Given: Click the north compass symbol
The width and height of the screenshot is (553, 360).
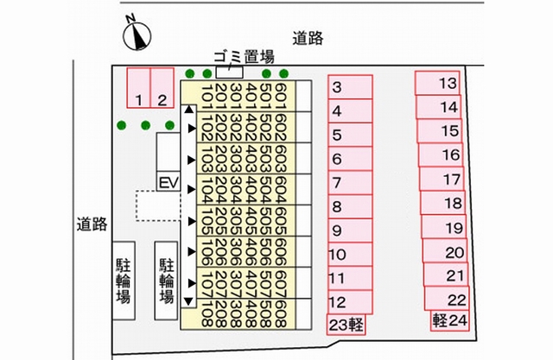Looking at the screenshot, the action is point(137,35).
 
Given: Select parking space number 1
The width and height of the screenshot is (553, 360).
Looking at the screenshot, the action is point(138,88).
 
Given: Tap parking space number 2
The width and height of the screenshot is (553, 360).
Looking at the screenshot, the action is point(162,88).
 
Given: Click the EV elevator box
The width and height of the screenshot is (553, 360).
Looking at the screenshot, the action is point(168,183).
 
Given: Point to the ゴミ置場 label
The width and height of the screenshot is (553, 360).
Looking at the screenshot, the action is point(244,56).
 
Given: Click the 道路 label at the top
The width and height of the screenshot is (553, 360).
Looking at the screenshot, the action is point(308,38).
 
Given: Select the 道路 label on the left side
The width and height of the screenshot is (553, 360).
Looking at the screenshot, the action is point(92,224).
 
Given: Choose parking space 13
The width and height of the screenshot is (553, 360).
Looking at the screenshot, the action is point(437,83).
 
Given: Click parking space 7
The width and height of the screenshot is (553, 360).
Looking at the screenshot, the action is point(350,182).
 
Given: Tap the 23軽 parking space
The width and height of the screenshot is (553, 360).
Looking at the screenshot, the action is point(346,325).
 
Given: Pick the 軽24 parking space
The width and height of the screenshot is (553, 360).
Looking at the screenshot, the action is point(449,320).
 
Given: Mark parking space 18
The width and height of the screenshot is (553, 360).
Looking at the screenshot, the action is point(443,203).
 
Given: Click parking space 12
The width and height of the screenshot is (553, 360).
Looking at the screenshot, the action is point(350,302).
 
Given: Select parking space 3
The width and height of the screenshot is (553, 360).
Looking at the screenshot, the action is point(350,86).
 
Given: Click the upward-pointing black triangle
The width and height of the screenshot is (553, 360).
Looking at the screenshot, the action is point(189,110).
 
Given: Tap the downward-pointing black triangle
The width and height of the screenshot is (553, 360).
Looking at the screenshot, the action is point(188,301).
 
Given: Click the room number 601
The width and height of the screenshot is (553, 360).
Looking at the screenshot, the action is point(281,96).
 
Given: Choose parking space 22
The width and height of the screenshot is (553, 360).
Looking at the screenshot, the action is point(448,299).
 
